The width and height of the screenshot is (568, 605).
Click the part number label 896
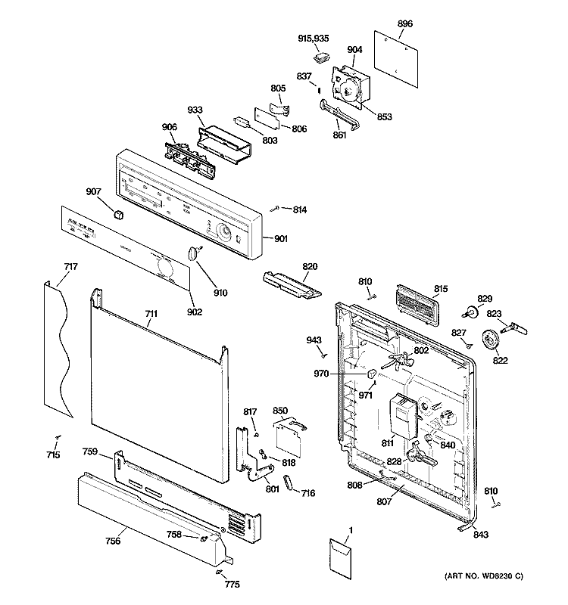pyautogui.click(x=405, y=24)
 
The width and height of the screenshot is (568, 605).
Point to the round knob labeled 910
pyautogui.click(x=195, y=253)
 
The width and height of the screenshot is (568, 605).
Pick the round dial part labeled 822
pyautogui.click(x=493, y=341)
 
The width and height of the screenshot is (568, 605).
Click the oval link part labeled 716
pyautogui.click(x=289, y=483)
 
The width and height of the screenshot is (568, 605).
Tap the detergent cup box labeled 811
pyautogui.click(x=399, y=416)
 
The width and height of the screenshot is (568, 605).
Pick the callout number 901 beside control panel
pyautogui.click(x=280, y=240)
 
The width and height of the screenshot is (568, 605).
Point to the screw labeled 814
pyautogui.click(x=279, y=208)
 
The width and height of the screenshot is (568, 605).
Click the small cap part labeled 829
pyautogui.click(x=471, y=310)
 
